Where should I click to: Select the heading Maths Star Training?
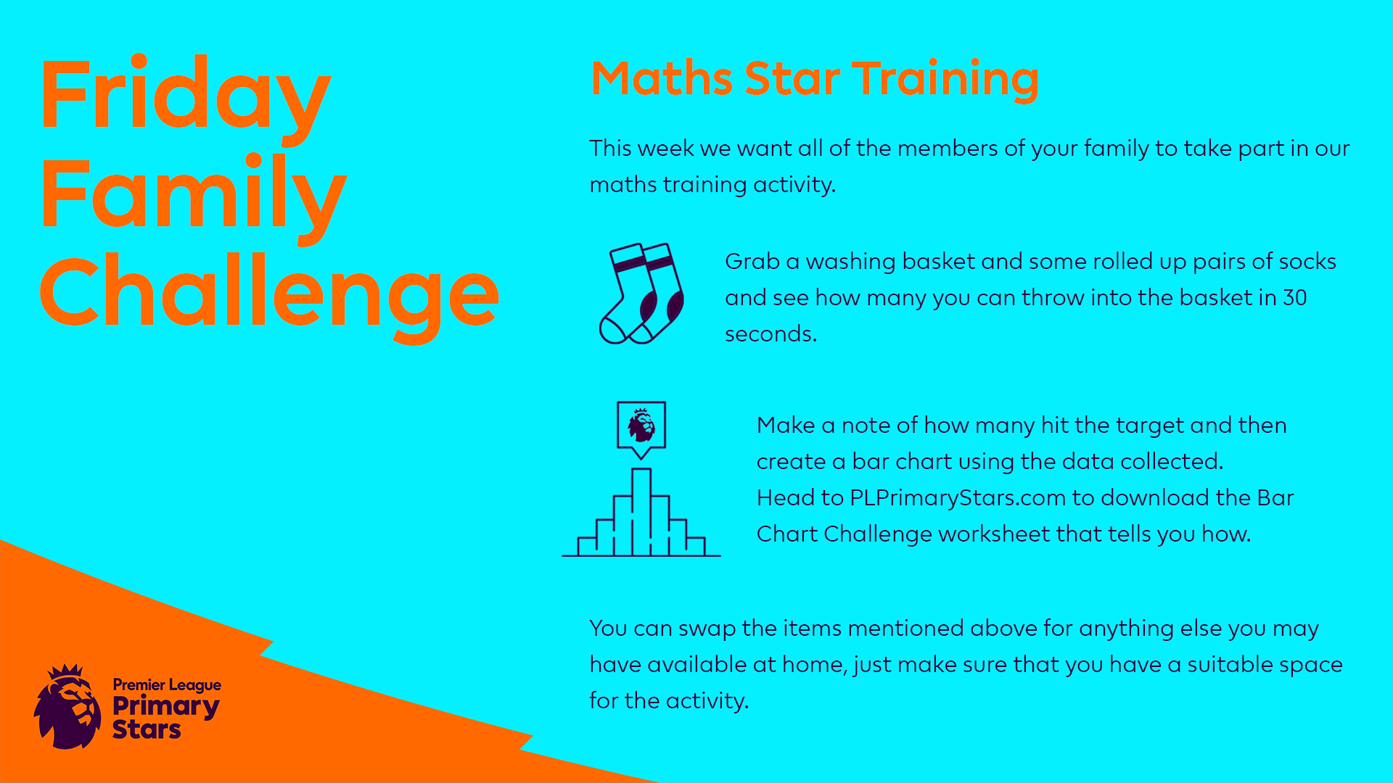tap(815, 80)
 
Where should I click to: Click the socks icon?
tap(641, 294)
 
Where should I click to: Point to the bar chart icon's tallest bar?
tap(641, 512)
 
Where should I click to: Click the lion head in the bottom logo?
tap(67, 707)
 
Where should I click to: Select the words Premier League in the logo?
tap(167, 685)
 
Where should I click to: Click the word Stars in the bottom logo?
tap(147, 729)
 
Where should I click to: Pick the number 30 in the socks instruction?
tap(1295, 298)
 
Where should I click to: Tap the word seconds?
tap(771, 334)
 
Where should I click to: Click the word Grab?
tap(752, 261)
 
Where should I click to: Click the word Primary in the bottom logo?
tap(166, 706)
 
